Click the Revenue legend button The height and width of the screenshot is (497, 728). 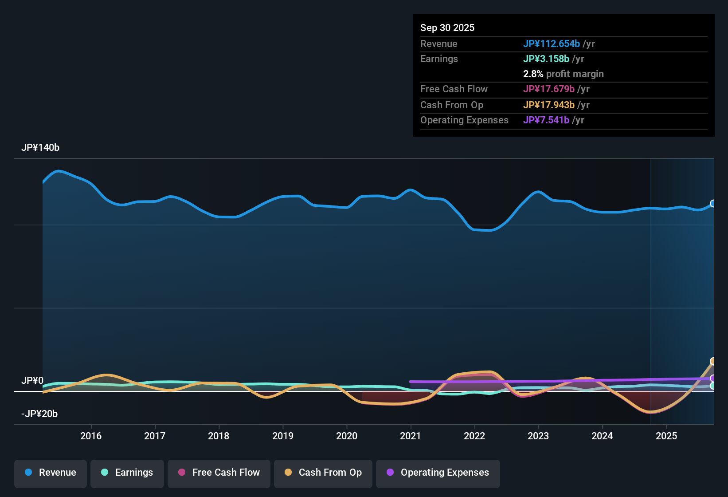[x=51, y=473]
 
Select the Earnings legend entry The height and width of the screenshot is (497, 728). [x=127, y=473]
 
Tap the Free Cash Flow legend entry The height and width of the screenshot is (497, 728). [x=219, y=473]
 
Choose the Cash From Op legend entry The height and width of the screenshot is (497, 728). [x=323, y=473]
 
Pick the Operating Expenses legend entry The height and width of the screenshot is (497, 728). [x=438, y=473]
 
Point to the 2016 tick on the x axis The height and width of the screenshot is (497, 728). [x=91, y=436]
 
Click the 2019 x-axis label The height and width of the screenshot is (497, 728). [x=283, y=436]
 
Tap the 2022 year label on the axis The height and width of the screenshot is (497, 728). [x=474, y=436]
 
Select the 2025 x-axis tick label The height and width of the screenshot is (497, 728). [x=666, y=436]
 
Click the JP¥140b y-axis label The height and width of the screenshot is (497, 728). [x=40, y=148]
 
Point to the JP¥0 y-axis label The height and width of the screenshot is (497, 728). [x=32, y=381]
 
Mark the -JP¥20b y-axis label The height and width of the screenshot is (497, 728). [x=39, y=414]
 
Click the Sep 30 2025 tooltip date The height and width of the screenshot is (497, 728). [x=447, y=28]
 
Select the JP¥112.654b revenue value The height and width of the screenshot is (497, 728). [x=551, y=44]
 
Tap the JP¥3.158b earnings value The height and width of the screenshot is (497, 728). [x=546, y=59]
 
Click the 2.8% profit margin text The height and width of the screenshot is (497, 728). [x=563, y=74]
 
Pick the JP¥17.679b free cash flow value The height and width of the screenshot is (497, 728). [x=548, y=89]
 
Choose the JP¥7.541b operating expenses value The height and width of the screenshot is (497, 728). [x=546, y=120]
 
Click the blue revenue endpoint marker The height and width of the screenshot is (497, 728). [x=712, y=204]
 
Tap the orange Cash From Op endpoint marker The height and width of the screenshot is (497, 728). [x=712, y=361]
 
